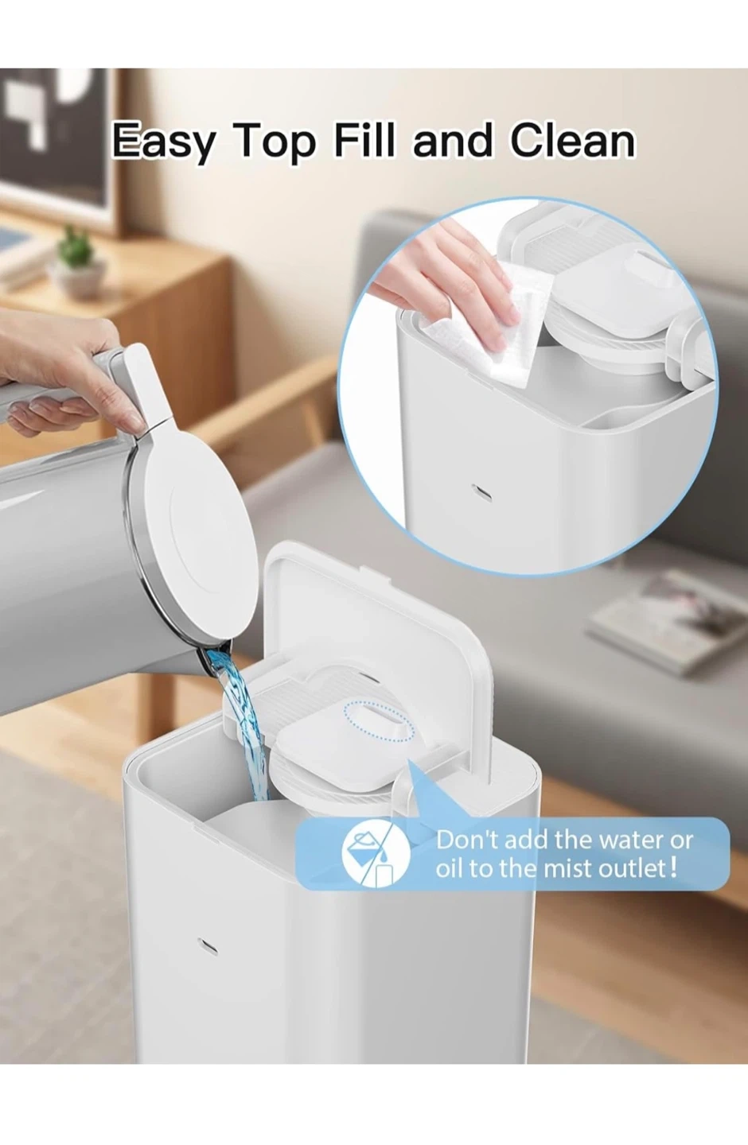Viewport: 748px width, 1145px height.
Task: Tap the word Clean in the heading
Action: (572, 140)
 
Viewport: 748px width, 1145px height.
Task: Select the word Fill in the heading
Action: (364, 140)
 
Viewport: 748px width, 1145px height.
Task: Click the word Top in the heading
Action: (275, 142)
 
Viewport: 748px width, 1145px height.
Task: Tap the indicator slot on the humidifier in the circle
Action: (481, 491)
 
